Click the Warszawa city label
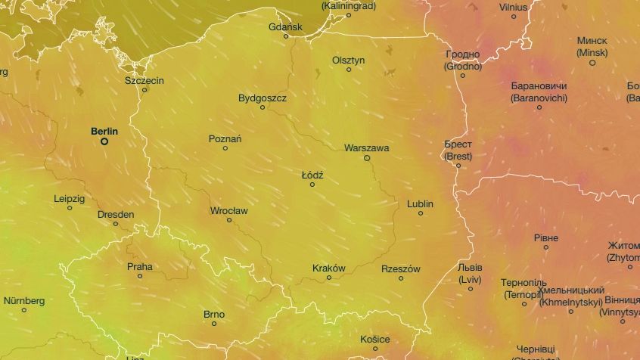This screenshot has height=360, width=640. [x=366, y=148]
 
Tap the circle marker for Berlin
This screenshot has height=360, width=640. [x=104, y=141]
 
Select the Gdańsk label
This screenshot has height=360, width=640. [x=285, y=26]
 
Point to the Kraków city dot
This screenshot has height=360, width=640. [x=329, y=278]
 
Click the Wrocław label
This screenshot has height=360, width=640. [x=228, y=210]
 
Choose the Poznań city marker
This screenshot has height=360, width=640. [x=225, y=148]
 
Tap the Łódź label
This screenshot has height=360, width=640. [x=312, y=175]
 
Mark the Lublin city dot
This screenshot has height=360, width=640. [x=421, y=213]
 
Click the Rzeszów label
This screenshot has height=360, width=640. [x=401, y=268]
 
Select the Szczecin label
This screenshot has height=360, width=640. [x=144, y=80]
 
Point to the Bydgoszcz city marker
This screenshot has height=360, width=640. [x=263, y=107]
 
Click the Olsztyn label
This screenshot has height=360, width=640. [x=348, y=60]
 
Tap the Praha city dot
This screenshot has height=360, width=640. [x=140, y=276]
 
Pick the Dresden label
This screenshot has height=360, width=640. [x=116, y=214]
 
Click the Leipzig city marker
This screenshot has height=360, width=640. [x=70, y=208]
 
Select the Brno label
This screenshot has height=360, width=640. [x=214, y=314]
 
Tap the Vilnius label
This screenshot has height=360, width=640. [x=514, y=7]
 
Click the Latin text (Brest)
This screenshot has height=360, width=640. [x=458, y=157]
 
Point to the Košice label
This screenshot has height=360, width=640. [x=374, y=339]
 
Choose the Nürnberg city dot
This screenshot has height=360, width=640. [x=24, y=310]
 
